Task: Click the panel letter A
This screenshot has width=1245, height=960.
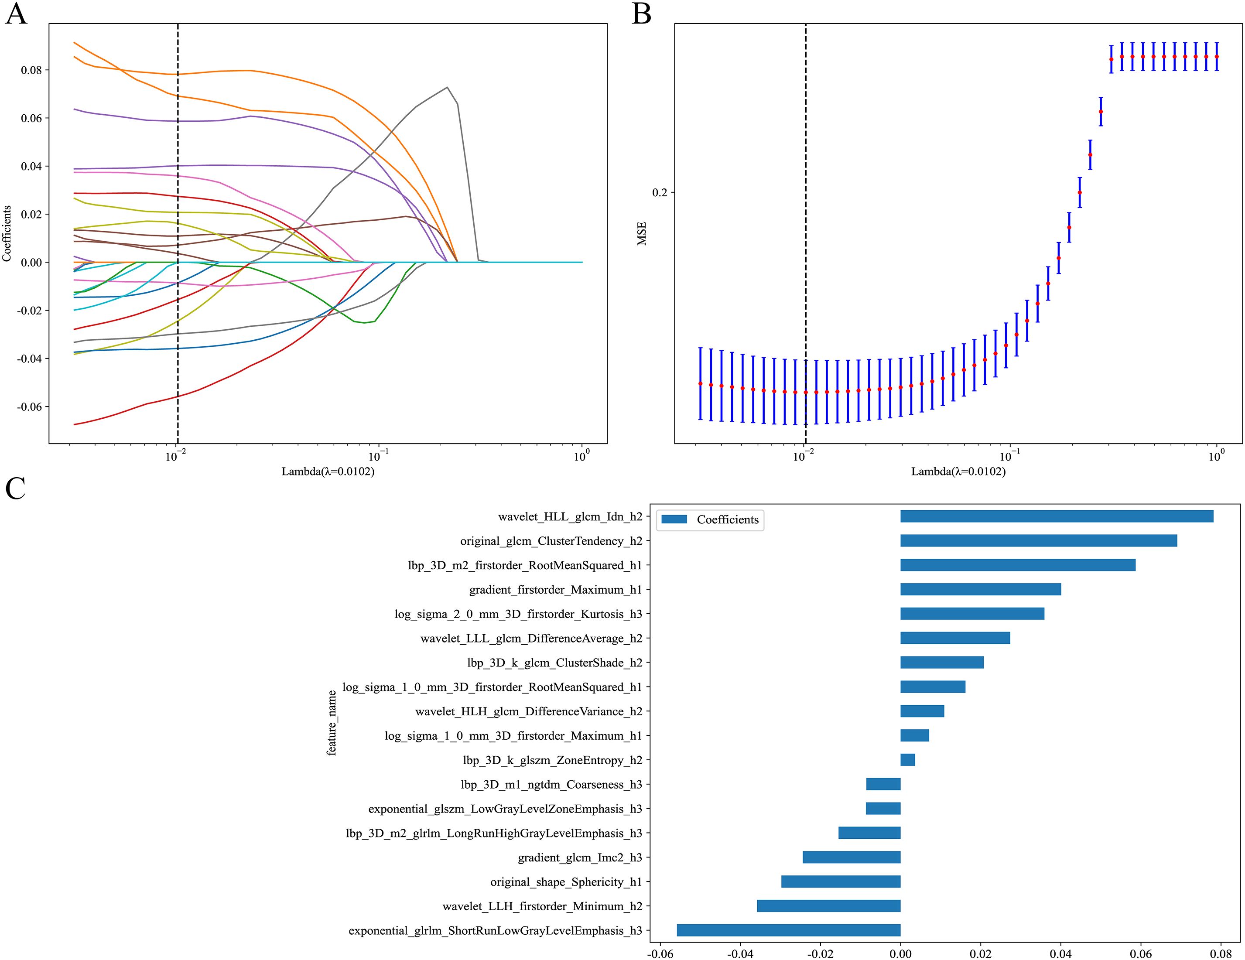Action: pos(16,14)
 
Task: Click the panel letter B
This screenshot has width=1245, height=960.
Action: pos(642,14)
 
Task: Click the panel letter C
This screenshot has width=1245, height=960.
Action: pos(15,489)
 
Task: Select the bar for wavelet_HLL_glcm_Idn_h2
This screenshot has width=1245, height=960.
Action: pos(1056,516)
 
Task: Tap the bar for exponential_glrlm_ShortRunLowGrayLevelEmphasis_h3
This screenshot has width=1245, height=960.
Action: pos(788,930)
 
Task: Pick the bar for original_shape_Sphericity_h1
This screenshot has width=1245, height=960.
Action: pos(841,882)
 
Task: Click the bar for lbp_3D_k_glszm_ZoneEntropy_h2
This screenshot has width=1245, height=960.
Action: pos(907,760)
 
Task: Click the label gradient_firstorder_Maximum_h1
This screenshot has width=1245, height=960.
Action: pos(555,590)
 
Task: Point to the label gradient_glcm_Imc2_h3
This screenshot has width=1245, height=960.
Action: pos(580,858)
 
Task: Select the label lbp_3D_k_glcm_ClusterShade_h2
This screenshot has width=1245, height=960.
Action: pos(554,663)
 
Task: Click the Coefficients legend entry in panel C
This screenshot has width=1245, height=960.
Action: pos(710,520)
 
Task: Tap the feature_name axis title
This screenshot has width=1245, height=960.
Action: pos(332,723)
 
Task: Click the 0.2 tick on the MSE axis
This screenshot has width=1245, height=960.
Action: pos(660,193)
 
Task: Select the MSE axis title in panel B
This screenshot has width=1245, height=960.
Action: pos(642,234)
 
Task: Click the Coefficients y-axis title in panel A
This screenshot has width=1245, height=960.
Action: pos(7,234)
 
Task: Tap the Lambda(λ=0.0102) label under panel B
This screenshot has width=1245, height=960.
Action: pos(958,471)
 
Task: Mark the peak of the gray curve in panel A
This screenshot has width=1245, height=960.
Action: pos(448,87)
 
